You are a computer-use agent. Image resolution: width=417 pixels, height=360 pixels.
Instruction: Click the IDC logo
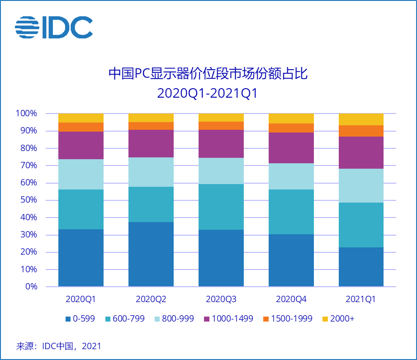click(x=54, y=28)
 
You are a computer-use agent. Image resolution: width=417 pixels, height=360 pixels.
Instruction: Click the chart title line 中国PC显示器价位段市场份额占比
click(x=208, y=74)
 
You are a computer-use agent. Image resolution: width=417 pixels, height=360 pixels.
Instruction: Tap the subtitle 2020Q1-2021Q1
click(x=208, y=94)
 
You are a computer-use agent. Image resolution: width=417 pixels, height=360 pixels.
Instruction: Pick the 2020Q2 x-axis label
click(x=151, y=299)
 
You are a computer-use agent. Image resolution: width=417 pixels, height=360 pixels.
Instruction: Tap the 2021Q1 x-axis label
click(x=361, y=299)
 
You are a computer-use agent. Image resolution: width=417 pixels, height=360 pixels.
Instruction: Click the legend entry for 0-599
click(x=80, y=319)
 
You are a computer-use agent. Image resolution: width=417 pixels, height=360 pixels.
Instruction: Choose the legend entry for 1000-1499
click(x=228, y=319)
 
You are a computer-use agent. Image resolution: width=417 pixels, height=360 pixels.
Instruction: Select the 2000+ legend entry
click(x=338, y=319)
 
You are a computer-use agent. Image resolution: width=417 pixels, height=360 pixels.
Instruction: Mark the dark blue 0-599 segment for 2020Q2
click(x=151, y=254)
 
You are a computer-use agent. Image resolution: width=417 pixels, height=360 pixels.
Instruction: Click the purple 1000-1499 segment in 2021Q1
click(x=361, y=153)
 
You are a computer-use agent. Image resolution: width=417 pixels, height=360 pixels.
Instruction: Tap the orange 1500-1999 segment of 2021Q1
click(x=361, y=131)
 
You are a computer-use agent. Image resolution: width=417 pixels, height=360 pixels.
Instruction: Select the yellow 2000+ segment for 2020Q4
click(x=291, y=118)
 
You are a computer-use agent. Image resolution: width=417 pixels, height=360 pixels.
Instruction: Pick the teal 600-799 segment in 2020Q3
click(x=221, y=207)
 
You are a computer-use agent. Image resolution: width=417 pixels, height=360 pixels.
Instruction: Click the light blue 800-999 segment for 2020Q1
click(x=81, y=174)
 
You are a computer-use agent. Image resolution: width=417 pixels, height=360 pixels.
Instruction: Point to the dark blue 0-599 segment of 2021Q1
click(x=361, y=267)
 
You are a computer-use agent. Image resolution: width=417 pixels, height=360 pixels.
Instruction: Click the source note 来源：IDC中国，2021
click(x=59, y=346)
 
